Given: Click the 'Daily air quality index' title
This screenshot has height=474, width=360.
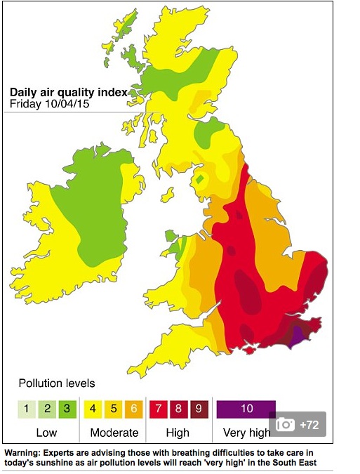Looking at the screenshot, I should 67,91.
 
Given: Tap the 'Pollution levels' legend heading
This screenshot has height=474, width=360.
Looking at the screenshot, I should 56,383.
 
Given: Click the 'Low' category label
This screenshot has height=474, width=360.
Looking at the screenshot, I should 46,432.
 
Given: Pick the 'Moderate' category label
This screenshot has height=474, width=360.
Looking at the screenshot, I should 114,432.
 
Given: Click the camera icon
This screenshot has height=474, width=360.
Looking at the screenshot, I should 286,424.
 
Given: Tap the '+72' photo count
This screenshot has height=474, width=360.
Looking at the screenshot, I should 309,424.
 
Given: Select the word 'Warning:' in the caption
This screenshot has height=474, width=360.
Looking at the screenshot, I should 25,453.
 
